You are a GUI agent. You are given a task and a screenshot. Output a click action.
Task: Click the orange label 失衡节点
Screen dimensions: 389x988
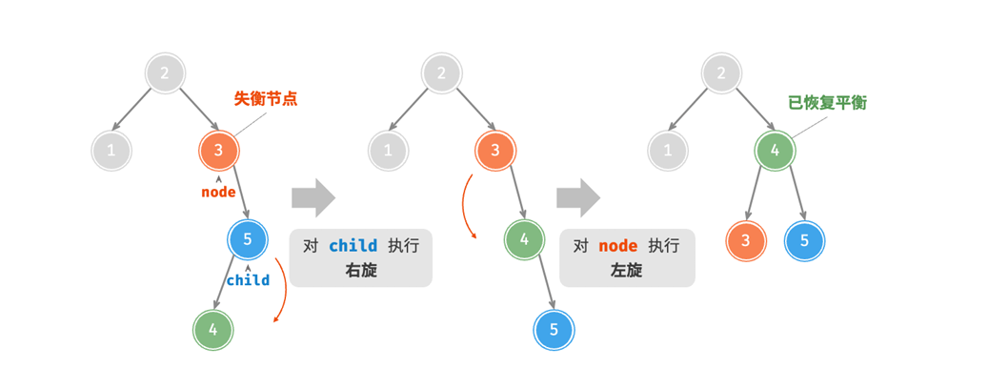266,98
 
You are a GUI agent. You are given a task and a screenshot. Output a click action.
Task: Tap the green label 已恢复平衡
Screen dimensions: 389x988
827,103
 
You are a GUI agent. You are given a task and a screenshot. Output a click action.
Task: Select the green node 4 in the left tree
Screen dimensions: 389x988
213,330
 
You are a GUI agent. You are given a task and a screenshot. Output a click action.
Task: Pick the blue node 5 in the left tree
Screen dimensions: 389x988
248,239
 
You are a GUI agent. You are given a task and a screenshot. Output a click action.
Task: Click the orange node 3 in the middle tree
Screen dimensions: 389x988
495,150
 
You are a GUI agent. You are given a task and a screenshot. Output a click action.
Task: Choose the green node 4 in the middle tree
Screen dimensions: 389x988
524,239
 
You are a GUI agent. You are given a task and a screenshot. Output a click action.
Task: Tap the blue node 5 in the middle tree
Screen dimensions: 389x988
554,330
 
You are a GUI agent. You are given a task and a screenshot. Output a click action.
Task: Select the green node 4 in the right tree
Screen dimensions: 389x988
775,150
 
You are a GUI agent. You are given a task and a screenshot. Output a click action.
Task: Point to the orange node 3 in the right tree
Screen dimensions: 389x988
746,239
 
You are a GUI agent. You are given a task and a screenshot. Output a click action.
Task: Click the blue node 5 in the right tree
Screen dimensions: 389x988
804,239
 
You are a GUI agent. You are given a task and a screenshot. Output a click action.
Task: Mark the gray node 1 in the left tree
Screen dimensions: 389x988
111,150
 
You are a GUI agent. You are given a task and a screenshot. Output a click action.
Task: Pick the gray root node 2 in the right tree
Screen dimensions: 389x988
722,72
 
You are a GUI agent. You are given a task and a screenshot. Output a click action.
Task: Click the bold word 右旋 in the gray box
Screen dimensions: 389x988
361,270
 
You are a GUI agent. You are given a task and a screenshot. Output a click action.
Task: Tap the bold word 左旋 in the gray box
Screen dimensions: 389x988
626,270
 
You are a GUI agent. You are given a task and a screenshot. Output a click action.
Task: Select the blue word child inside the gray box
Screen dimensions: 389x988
353,245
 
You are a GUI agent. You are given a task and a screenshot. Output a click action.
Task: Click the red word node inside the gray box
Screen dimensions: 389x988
617,245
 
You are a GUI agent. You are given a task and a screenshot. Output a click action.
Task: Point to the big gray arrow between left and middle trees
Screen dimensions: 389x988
313,197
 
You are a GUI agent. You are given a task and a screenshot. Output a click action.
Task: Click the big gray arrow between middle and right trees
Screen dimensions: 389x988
578,197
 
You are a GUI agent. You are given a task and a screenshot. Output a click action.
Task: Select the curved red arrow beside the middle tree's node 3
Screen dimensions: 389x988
467,205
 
